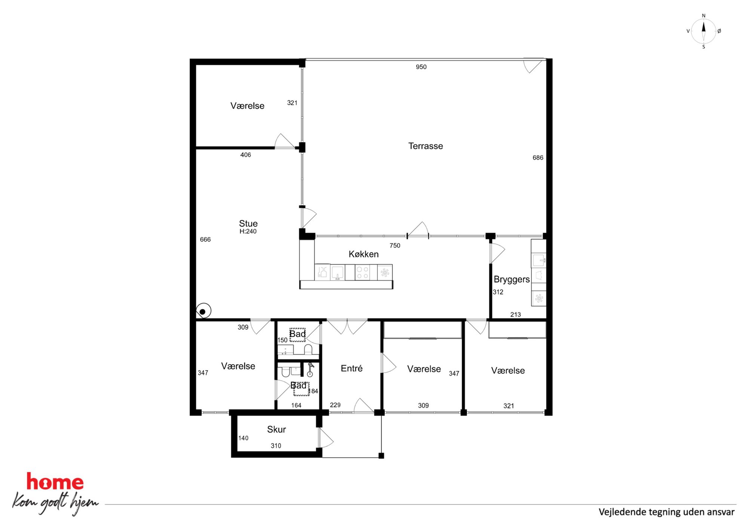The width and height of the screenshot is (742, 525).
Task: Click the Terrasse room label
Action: point(426,146)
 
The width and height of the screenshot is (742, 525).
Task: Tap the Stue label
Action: point(248,223)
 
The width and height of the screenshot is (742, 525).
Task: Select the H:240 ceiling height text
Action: point(248,231)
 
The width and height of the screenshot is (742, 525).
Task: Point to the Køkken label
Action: point(364,254)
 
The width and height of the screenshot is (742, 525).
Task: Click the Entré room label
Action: point(352,368)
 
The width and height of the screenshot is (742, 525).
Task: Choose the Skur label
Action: point(276,429)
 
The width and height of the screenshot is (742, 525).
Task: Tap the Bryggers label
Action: point(512,280)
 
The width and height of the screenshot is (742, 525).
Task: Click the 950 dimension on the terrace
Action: point(421,67)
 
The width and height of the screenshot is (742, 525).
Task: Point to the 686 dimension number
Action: point(538,158)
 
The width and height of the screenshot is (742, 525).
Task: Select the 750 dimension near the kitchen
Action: point(395,245)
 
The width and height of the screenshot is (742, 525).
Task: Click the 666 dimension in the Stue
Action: point(205,239)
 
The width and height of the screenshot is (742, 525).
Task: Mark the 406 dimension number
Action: point(245,155)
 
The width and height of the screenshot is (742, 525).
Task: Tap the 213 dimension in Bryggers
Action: point(515,315)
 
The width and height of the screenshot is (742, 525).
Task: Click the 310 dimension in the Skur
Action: point(276,446)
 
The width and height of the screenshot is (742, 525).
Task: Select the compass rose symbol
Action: point(703,31)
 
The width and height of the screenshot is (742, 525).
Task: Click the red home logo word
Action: point(55,482)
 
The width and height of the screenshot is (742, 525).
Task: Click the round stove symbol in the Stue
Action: point(203,311)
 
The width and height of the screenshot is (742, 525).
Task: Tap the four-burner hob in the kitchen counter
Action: point(362,272)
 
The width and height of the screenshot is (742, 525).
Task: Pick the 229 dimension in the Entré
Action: point(335,405)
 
